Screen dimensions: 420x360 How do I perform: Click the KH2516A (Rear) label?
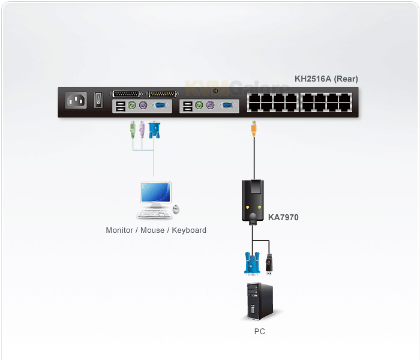click(x=326, y=79)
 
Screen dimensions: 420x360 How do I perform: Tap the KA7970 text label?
click(x=283, y=217)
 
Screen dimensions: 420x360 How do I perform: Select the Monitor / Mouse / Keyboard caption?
click(x=156, y=230)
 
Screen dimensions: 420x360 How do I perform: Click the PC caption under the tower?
click(x=259, y=331)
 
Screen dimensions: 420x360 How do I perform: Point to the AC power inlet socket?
click(x=76, y=100)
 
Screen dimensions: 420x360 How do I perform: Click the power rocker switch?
click(x=98, y=100)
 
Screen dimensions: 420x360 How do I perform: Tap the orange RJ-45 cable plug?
click(x=254, y=128)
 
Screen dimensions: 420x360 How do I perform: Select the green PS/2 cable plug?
click(x=133, y=130)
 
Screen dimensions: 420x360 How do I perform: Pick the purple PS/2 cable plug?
click(x=142, y=130)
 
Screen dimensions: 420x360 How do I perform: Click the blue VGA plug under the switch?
click(x=154, y=130)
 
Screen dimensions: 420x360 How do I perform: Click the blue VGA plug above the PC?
click(x=252, y=263)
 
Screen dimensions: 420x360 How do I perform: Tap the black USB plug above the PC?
click(x=269, y=264)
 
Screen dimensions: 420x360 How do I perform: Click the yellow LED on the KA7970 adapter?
click(x=247, y=208)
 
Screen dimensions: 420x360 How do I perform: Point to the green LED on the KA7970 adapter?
click(x=259, y=208)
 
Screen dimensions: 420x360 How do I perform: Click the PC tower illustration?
click(x=260, y=301)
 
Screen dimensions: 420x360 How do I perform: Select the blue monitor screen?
click(x=155, y=192)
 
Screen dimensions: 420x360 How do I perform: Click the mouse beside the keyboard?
click(x=176, y=209)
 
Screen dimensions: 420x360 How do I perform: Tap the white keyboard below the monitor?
click(x=154, y=214)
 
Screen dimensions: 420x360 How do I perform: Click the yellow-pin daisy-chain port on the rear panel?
click(x=162, y=94)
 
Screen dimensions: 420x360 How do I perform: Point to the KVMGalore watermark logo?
click(x=237, y=88)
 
